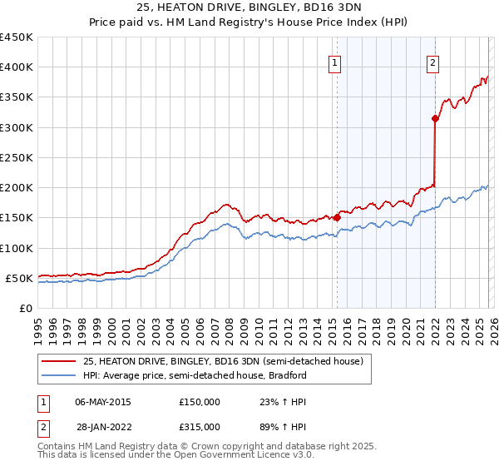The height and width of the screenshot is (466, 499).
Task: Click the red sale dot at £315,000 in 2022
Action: click(x=435, y=118)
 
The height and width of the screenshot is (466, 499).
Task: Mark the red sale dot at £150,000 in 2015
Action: click(x=337, y=218)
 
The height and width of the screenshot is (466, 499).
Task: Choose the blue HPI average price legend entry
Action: click(x=195, y=375)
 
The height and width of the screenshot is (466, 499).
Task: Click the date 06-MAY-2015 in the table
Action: click(x=103, y=401)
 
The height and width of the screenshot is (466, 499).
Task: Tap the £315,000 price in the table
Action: click(x=200, y=426)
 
